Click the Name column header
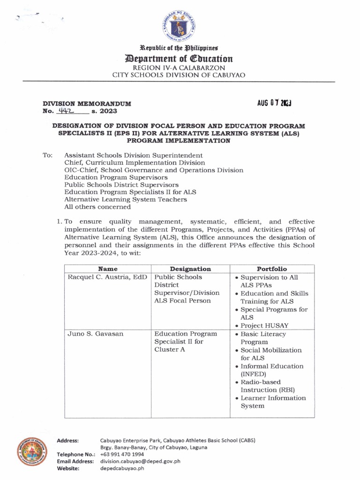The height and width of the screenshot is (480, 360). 107,269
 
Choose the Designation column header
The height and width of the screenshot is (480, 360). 190,269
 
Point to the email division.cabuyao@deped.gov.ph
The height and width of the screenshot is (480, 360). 140,461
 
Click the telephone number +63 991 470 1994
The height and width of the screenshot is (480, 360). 122,454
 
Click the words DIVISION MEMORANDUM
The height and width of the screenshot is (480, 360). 87,103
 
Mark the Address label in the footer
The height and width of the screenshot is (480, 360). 67,440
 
